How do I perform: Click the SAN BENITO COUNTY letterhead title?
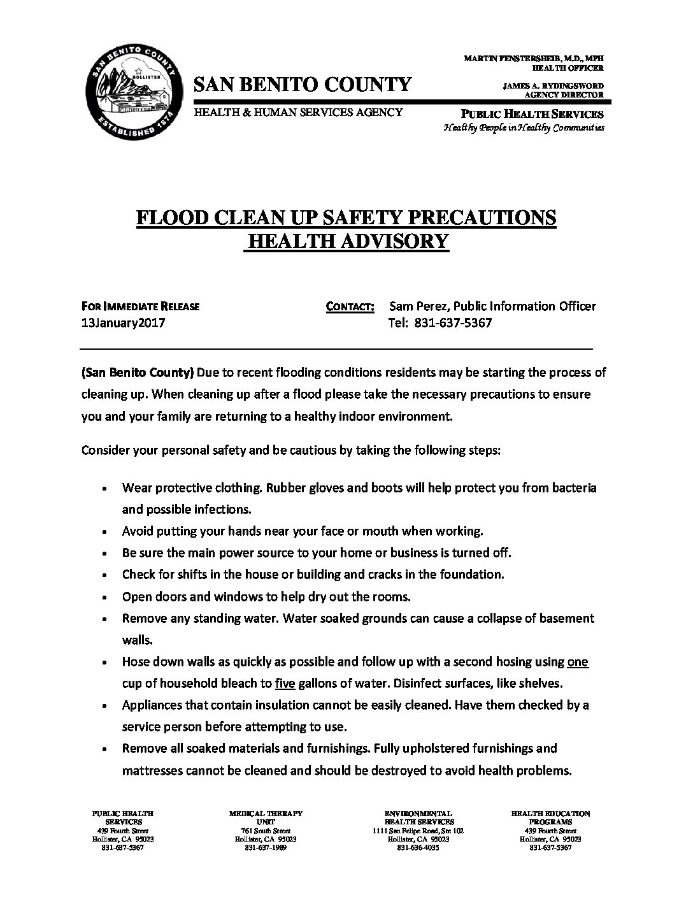303,84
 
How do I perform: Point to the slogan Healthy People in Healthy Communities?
523,127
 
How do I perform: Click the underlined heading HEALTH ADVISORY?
346,241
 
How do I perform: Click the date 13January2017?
124,322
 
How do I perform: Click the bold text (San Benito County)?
138,372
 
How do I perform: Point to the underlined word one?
577,662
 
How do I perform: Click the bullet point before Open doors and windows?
104,598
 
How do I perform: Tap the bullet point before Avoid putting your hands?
104,532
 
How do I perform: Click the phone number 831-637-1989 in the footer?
265,847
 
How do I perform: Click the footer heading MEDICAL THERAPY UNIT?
265,817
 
